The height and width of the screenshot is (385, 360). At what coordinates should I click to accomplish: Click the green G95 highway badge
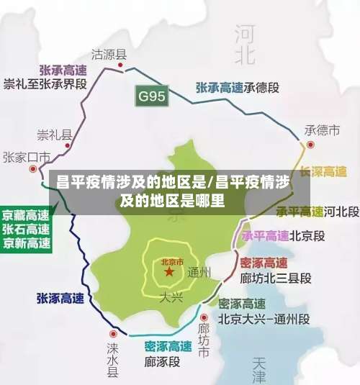point(153,95)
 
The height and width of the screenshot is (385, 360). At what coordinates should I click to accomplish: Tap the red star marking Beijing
point(169,273)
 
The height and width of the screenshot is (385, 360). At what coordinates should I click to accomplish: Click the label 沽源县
point(109,53)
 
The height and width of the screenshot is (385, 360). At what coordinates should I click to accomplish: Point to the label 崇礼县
point(55,135)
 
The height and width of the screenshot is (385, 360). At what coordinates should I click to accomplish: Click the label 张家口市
point(26,157)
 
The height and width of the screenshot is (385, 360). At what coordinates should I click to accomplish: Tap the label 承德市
point(322,130)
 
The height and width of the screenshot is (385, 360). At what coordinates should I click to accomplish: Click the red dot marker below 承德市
point(310,144)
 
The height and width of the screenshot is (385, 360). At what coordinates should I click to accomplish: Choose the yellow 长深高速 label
point(323,171)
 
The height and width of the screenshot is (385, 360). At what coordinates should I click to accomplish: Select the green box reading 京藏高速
point(26,215)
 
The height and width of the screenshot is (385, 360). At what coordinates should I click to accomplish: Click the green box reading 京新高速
point(26,243)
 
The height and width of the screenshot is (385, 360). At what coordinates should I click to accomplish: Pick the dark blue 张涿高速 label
point(60,297)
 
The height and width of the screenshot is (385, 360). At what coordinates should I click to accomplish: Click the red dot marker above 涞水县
point(113,335)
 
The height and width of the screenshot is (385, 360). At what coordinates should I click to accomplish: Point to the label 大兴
point(171,296)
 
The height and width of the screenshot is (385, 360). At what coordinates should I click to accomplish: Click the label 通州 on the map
point(199,272)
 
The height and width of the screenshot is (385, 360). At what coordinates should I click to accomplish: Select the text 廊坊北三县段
point(275,278)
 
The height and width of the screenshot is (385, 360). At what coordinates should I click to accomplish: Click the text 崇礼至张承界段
point(43,83)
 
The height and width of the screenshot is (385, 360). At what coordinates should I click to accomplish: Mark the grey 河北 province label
point(245,43)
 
